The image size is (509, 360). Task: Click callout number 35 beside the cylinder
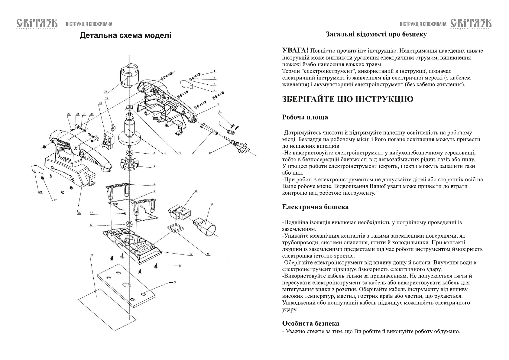(105, 92)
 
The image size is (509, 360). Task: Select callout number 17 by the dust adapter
(212, 205)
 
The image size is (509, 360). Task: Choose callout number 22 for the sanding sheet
(92, 255)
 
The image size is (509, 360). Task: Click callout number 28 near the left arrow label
(40, 192)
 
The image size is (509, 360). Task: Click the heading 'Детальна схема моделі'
(125, 36)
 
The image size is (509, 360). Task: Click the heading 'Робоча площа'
(305, 117)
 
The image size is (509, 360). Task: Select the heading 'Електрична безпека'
(315, 207)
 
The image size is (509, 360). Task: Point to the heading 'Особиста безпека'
(310, 323)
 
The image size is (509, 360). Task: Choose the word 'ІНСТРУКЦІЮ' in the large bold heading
(384, 99)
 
